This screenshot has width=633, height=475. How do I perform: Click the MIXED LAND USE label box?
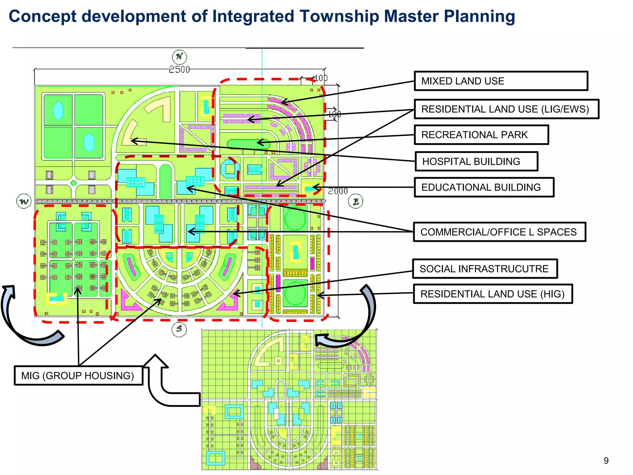501,81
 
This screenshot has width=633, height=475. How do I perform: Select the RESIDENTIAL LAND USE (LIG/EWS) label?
506,109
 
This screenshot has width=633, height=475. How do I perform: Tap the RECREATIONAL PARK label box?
481,135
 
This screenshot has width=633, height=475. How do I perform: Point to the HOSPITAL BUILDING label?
476,161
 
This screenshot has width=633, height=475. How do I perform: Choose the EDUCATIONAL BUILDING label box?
484,187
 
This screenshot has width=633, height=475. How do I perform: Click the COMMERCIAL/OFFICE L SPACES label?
499,232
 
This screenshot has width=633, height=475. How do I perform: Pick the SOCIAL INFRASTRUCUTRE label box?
485,269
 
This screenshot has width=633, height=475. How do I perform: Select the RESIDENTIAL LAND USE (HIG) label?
493,294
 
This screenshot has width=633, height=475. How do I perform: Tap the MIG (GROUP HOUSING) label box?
78,375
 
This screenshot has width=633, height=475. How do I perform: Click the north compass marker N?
179,57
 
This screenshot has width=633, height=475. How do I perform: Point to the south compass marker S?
179,329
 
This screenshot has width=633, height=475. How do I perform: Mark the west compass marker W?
24,201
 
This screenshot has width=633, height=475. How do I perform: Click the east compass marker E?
355,201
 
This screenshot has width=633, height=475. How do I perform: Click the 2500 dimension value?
179,69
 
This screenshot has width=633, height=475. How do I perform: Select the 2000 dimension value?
338,191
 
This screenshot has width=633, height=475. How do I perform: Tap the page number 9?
606,461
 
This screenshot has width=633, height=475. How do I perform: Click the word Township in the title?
338,16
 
